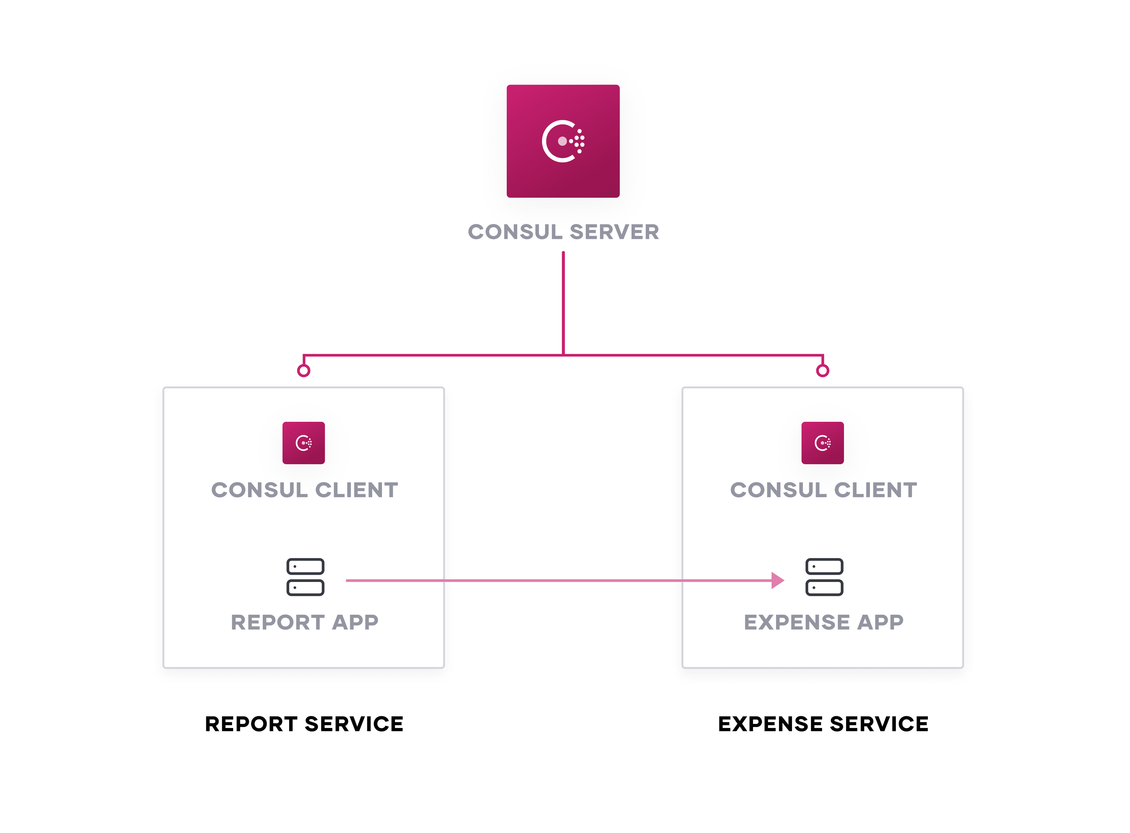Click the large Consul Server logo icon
(563, 141)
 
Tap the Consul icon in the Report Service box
(304, 443)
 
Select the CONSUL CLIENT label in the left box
(304, 490)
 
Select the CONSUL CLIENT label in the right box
(823, 490)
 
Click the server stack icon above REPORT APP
(305, 577)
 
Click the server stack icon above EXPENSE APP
(824, 577)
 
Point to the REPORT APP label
(304, 622)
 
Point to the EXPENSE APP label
(823, 622)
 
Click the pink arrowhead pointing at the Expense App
(777, 580)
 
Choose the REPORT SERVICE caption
(304, 724)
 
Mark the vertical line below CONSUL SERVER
(563, 303)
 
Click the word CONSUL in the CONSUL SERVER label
(515, 232)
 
